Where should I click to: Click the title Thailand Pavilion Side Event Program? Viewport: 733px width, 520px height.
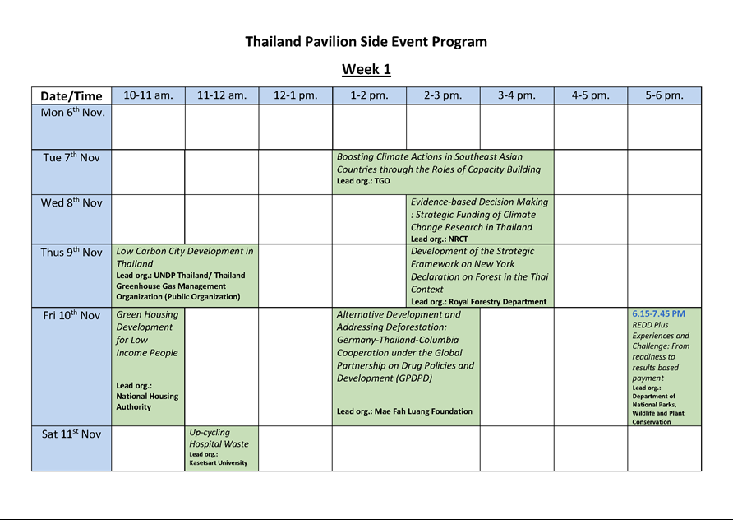[366, 42]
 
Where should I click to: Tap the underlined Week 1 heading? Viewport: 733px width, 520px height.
[366, 69]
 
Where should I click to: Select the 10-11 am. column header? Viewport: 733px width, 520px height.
[148, 95]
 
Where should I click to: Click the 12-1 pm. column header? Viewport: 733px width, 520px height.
[296, 95]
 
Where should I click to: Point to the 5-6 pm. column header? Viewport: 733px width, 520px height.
[664, 95]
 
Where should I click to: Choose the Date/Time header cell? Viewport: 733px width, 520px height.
[71, 95]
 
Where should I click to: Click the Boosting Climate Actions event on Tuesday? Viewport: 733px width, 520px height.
[443, 172]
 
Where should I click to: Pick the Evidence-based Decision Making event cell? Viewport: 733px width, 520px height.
[480, 219]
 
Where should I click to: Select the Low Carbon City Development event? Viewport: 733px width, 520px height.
[185, 276]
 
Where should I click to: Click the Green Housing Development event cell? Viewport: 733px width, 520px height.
[148, 366]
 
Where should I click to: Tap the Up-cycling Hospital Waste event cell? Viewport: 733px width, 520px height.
[222, 448]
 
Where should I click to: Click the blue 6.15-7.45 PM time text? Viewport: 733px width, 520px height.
[659, 313]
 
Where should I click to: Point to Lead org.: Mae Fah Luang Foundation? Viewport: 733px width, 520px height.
[404, 411]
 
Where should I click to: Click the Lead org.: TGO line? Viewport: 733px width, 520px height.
[363, 181]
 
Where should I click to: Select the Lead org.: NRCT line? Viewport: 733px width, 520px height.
[439, 239]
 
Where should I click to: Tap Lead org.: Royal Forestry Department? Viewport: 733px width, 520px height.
[479, 302]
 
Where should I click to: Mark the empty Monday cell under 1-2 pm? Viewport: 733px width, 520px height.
[369, 127]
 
